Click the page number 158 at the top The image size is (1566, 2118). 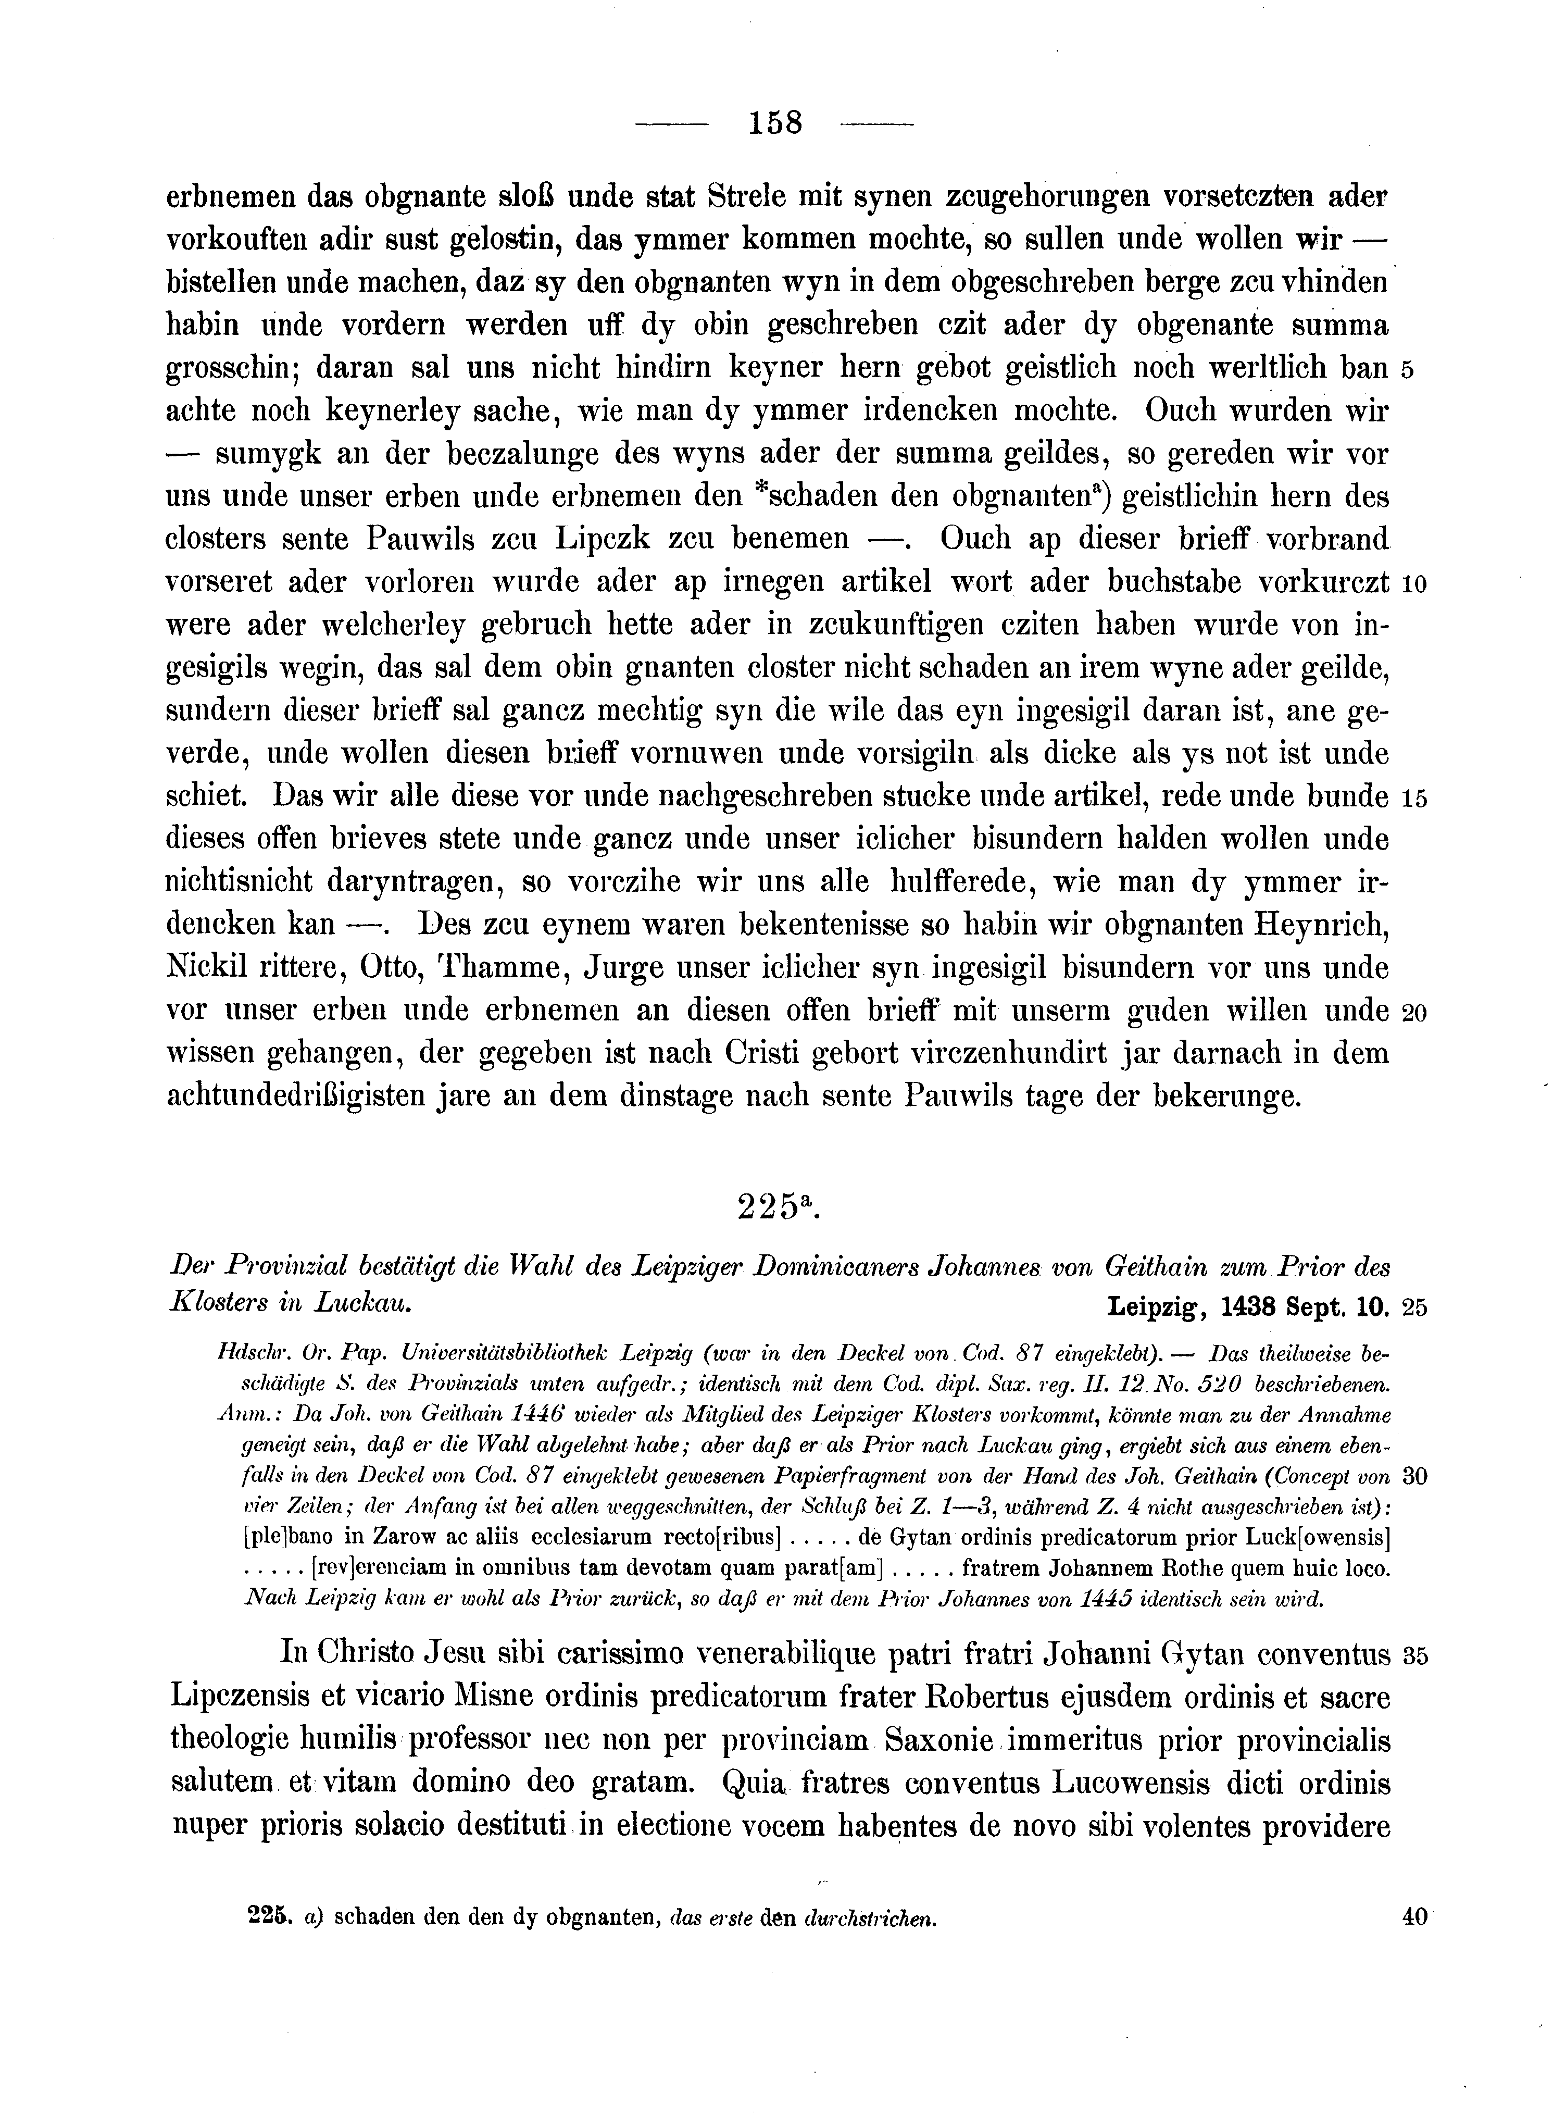[x=775, y=123]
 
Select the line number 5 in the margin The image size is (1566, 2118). [x=1408, y=370]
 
